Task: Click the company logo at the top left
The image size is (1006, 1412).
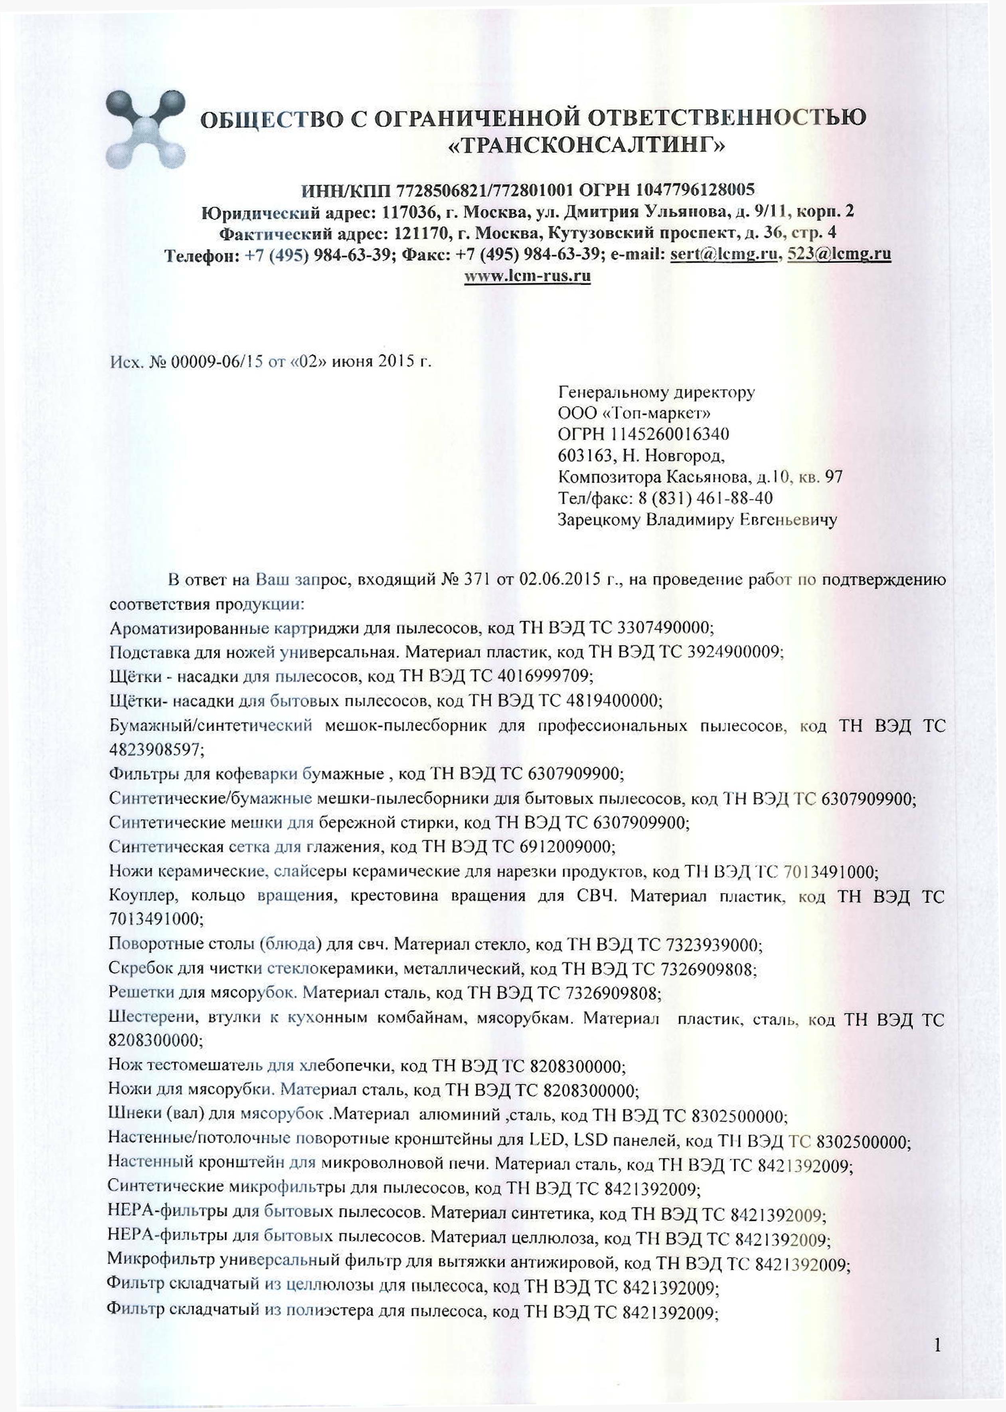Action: pyautogui.click(x=146, y=129)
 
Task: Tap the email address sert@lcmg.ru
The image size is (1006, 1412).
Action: pyautogui.click(x=723, y=254)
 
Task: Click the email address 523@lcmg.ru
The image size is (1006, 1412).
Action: pyautogui.click(x=839, y=254)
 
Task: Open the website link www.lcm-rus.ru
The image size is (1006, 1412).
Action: pyautogui.click(x=527, y=276)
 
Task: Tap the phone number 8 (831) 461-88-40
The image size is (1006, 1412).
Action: pyautogui.click(x=703, y=498)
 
